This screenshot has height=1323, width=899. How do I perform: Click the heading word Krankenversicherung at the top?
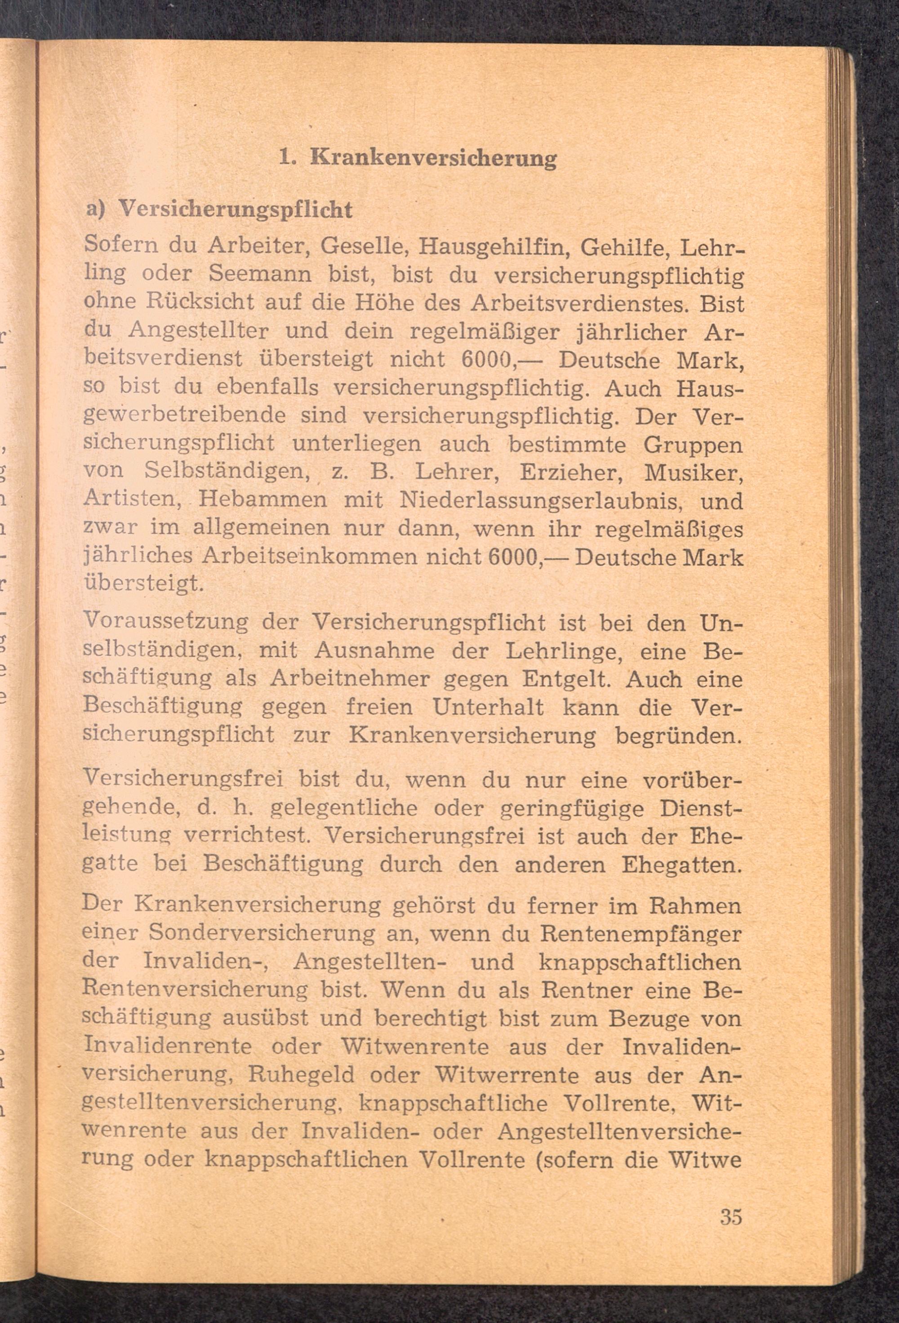tap(433, 158)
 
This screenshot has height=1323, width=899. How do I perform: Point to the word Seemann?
tap(260, 274)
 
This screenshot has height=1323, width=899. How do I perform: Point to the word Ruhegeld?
tap(302, 1076)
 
